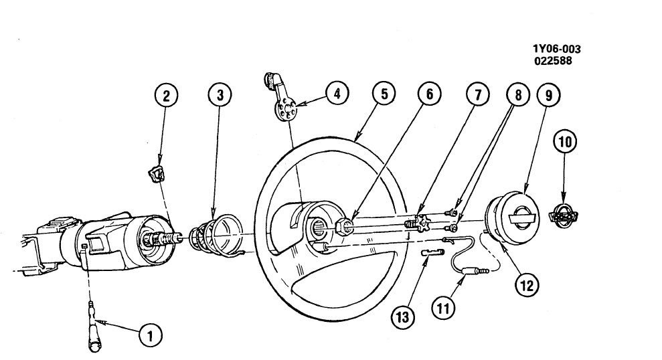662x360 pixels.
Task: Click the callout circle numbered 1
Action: tap(151, 335)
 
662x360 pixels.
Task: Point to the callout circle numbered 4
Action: tap(337, 94)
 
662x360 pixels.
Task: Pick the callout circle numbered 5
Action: tap(384, 94)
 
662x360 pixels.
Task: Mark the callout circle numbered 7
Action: tap(478, 95)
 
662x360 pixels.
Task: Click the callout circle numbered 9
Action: tap(548, 95)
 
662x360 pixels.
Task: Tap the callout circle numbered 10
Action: tap(565, 142)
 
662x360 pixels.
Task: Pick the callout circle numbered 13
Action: tap(404, 314)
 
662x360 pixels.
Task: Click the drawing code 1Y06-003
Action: tap(557, 50)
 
